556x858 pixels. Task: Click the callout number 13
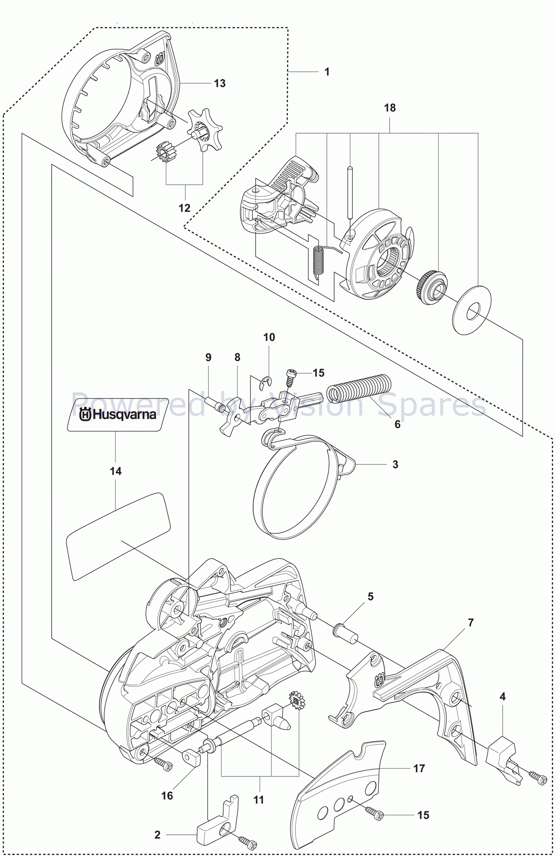tap(219, 83)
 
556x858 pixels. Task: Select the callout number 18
tap(389, 108)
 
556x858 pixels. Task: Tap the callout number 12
tap(184, 208)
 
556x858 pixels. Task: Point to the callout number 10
tap(269, 337)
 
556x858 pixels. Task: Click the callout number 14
tap(115, 471)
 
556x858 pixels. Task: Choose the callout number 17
tap(419, 768)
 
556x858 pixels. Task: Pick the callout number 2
tap(157, 834)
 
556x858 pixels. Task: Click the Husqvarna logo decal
tap(118, 414)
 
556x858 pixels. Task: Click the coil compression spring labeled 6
tap(359, 388)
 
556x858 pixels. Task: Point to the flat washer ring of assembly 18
tap(471, 311)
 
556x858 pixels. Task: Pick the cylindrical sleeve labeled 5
tap(345, 633)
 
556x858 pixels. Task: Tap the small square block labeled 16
tap(191, 758)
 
